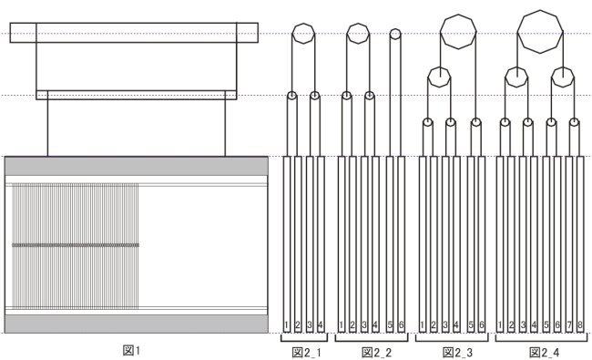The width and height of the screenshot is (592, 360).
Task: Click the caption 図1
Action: (131, 351)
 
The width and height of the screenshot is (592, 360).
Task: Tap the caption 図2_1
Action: (307, 353)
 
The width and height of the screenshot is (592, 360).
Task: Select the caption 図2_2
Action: (377, 353)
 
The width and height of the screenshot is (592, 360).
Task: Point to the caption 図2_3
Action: (457, 353)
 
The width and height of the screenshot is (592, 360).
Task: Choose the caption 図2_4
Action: (545, 353)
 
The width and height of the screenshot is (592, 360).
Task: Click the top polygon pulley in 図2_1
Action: (303, 34)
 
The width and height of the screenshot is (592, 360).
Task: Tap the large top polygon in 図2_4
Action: (540, 32)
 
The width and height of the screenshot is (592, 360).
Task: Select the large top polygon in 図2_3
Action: (458, 32)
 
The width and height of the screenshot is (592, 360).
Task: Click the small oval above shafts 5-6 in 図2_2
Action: (395, 34)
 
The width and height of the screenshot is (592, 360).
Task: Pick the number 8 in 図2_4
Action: (580, 324)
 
